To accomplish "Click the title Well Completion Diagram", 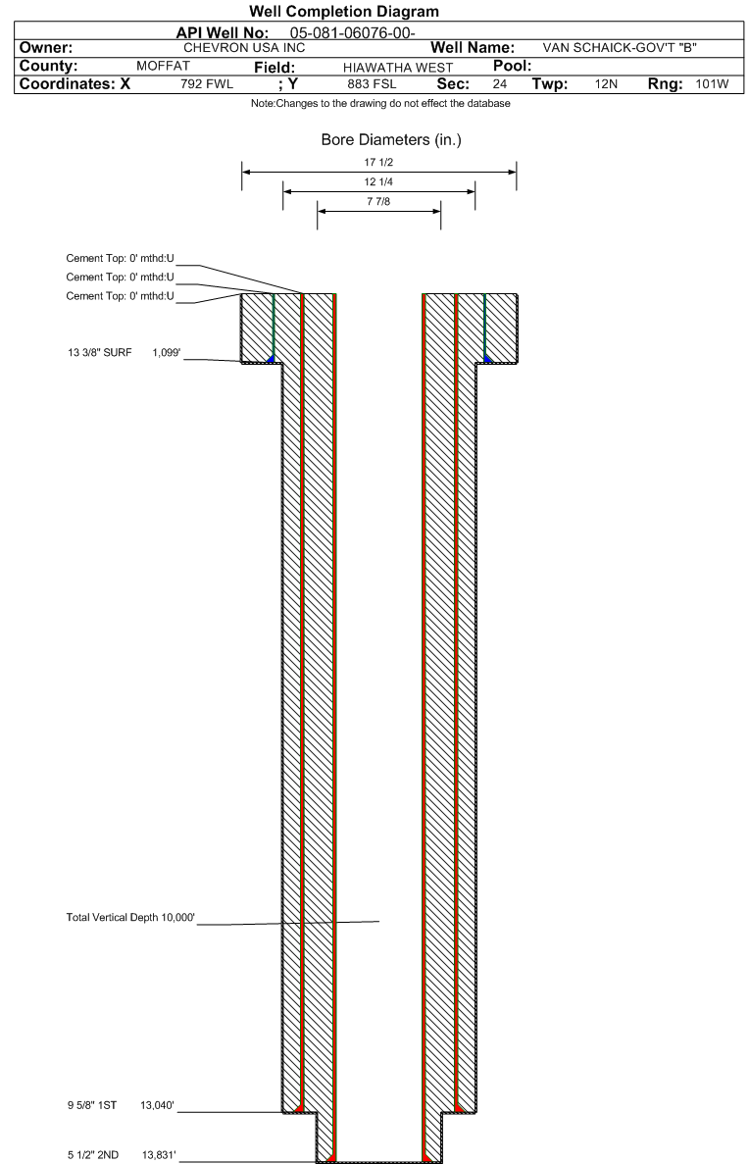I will (374, 12).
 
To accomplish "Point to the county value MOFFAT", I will (164, 66).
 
